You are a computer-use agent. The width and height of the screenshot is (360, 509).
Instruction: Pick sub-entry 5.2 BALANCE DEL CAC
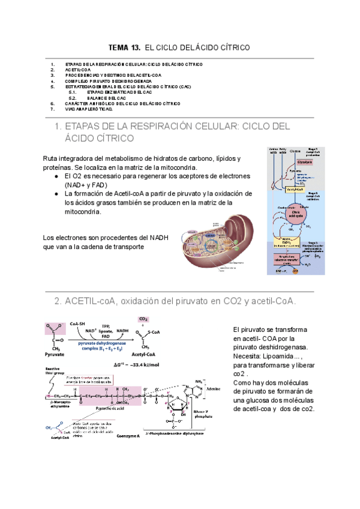108,97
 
